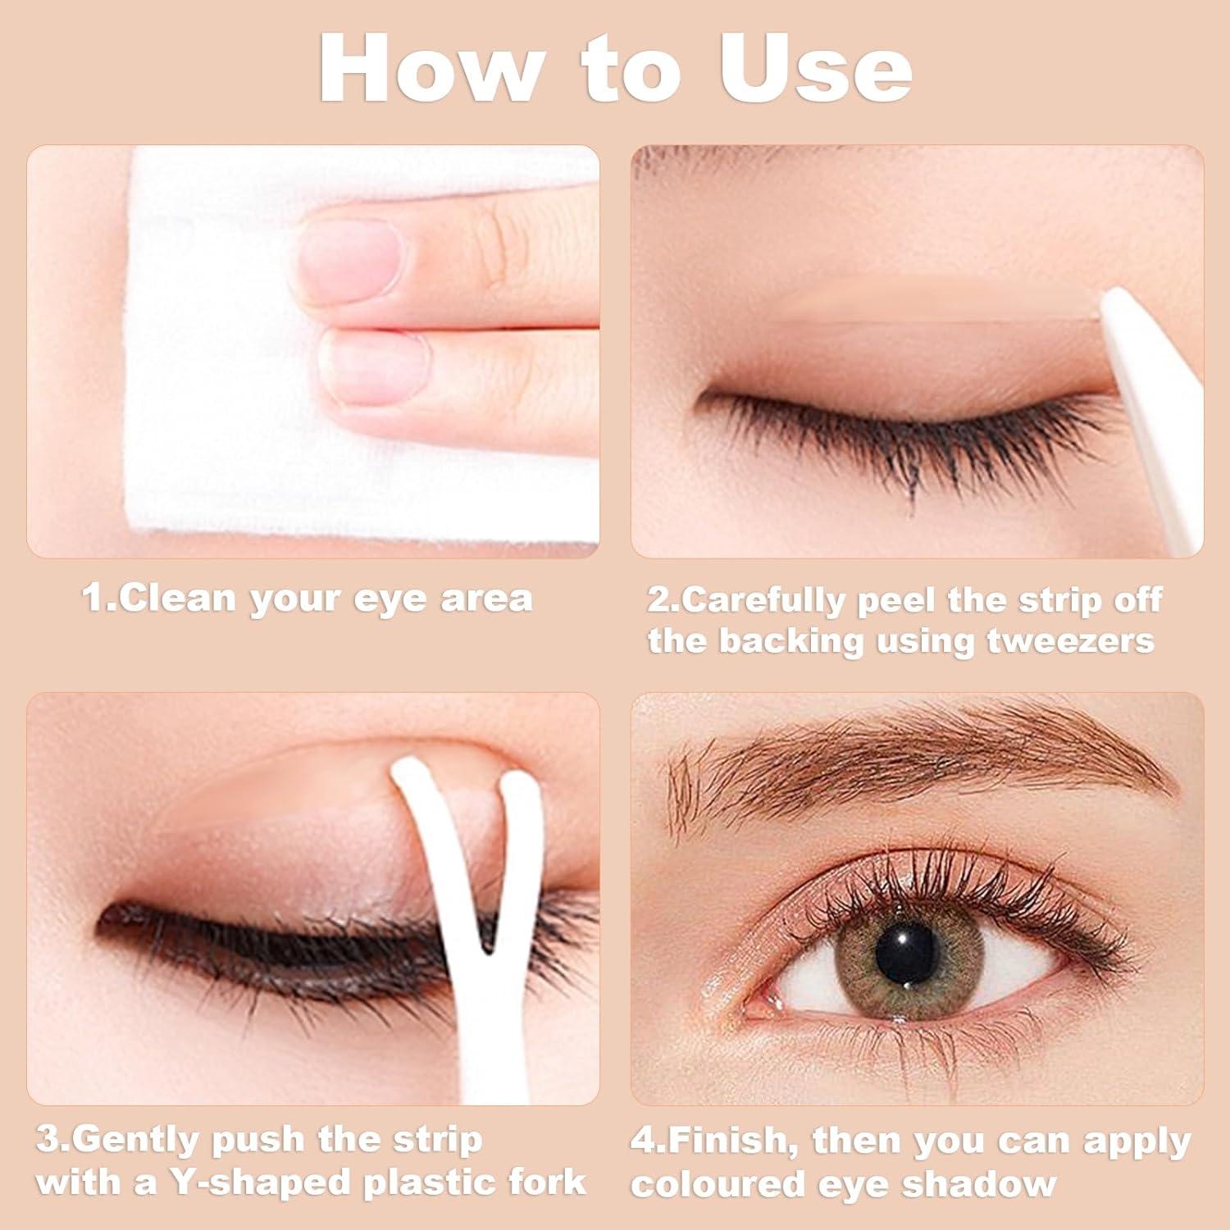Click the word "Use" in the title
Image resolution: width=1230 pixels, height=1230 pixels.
click(815, 69)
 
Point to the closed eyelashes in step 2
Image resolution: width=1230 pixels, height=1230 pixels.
click(902, 435)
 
